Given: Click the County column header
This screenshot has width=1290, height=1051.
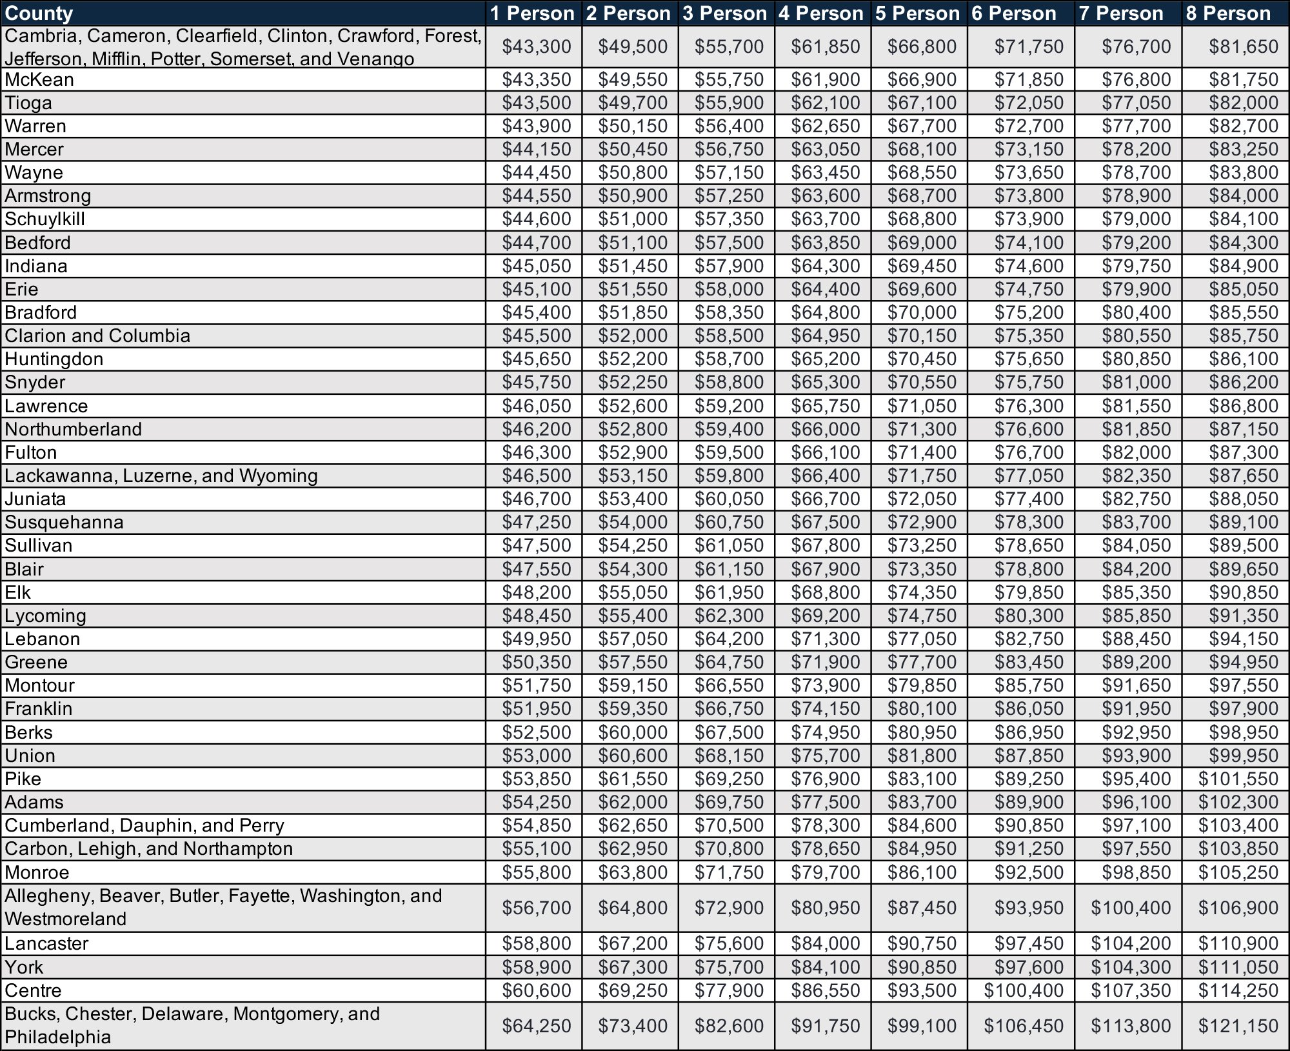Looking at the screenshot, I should click(x=39, y=14).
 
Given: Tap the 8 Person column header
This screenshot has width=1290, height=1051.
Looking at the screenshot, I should click(x=1228, y=14).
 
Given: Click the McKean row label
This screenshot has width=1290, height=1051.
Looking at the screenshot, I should click(x=39, y=80).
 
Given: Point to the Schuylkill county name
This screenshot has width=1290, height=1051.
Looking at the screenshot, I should click(x=45, y=219).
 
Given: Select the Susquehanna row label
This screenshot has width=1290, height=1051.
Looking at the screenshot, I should click(x=64, y=522).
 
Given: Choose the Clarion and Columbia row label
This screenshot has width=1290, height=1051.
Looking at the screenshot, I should click(x=97, y=335).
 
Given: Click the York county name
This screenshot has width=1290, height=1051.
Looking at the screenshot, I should click(x=24, y=967).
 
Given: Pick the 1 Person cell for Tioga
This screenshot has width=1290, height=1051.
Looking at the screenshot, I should click(x=537, y=103).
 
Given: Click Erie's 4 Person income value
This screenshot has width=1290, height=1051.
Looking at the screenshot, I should click(x=826, y=289).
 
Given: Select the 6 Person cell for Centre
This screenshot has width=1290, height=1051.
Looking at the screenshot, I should click(x=1023, y=990).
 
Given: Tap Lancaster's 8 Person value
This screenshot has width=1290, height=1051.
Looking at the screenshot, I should click(x=1238, y=943).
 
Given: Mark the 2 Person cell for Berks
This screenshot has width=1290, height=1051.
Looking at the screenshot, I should click(x=632, y=732).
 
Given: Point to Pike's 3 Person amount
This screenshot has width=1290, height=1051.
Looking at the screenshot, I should click(x=729, y=779).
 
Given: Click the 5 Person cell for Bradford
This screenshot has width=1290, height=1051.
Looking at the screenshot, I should click(x=922, y=312).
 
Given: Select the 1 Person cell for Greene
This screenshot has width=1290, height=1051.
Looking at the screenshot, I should click(x=537, y=662).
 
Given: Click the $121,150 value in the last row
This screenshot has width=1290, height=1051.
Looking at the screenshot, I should click(x=1238, y=1026).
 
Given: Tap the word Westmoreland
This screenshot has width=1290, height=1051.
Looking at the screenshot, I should click(x=65, y=919).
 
